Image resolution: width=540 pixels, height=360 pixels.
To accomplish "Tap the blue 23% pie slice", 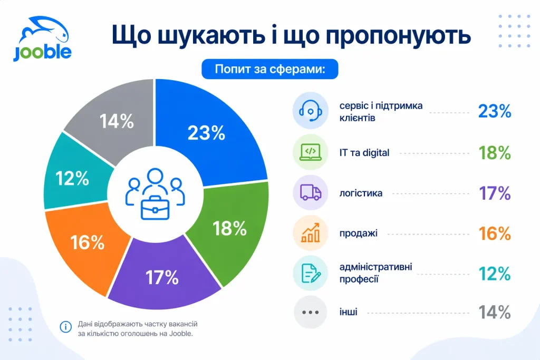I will pos(211,132).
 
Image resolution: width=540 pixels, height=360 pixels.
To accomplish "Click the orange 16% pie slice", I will pos(87,242).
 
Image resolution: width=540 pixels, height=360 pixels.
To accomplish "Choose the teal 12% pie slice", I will pos(74,178).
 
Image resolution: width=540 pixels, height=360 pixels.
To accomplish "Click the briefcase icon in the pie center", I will pos(155,209).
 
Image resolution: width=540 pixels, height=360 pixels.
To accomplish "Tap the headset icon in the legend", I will pos(310,111).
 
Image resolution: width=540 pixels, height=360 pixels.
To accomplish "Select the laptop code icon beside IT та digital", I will pos(310,152).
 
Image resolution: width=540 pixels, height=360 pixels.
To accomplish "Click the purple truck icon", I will pos(310,193).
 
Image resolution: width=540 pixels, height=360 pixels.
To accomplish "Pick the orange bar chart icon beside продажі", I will pos(310,233).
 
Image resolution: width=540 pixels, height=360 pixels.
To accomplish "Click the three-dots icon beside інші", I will pos(310,312).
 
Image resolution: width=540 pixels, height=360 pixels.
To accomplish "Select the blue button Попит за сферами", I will pos(269,70).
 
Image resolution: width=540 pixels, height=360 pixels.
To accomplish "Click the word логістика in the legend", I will pos(361,193).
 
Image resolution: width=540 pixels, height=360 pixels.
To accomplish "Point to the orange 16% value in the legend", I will pos(494,233).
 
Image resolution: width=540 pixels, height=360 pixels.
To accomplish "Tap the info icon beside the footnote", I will pos(66,327).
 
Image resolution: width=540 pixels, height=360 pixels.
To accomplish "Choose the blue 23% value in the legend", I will pos(494,111).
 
